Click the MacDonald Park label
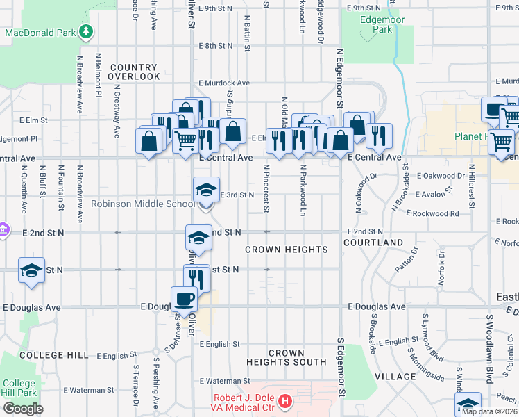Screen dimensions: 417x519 [x=40, y=33]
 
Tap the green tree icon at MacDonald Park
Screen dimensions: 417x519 [x=85, y=32]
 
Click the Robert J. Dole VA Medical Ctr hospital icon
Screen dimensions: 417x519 [x=284, y=401]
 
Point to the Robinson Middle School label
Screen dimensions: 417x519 [x=144, y=204]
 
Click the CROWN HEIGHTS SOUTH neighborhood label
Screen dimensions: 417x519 [x=286, y=358]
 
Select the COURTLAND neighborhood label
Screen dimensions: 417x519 [x=373, y=243]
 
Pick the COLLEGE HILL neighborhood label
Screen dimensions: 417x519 [x=54, y=355]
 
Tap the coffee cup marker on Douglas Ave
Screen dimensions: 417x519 [x=184, y=298]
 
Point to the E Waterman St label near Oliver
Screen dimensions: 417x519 [x=224, y=381]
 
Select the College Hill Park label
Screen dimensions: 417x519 [x=18, y=388]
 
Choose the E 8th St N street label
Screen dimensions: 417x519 [x=214, y=46]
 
